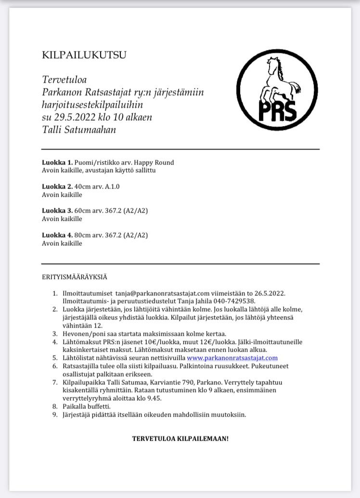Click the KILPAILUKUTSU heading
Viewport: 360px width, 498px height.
pos(84,55)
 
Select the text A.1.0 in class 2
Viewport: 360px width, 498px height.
pos(112,187)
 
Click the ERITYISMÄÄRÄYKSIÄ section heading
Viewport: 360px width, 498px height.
pos(75,277)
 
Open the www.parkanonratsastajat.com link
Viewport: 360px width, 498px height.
pos(232,358)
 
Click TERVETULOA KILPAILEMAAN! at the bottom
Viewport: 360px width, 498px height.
pos(180,439)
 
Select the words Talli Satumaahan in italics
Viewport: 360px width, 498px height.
pos(79,129)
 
